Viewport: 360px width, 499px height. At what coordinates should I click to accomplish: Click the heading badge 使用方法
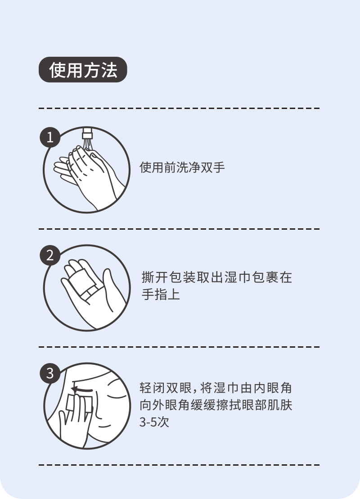(x=83, y=70)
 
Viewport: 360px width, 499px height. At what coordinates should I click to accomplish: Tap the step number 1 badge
(x=50, y=137)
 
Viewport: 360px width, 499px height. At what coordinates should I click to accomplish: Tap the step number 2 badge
(x=50, y=255)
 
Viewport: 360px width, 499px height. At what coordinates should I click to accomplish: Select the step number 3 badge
(x=50, y=373)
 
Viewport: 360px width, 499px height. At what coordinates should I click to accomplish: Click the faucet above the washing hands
(x=87, y=133)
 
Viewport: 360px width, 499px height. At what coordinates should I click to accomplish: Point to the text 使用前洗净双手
(x=182, y=167)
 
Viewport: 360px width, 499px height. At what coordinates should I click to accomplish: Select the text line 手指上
(x=161, y=294)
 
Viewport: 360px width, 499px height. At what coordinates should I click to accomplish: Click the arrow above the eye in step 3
(x=82, y=390)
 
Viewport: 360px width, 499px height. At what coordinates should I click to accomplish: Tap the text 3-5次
(x=154, y=422)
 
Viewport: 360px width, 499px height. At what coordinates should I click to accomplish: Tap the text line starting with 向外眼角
(x=216, y=405)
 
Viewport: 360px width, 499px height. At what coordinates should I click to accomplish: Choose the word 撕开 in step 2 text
(x=154, y=277)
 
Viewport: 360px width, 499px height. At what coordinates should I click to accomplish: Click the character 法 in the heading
(x=109, y=70)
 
